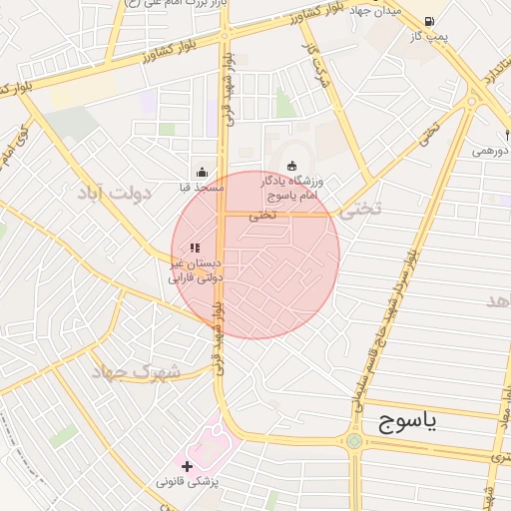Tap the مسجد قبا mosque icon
click(x=203, y=172)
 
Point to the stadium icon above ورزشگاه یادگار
click(x=291, y=166)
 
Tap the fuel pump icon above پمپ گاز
click(x=429, y=21)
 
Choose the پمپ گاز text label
click(x=429, y=38)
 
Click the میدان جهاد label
click(x=378, y=9)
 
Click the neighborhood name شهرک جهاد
click(x=135, y=372)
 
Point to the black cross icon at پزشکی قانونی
click(x=187, y=465)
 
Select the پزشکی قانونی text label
click(x=193, y=481)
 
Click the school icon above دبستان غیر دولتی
click(x=196, y=248)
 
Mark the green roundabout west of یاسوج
click(x=353, y=441)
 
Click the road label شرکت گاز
click(x=317, y=61)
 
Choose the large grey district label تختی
click(x=360, y=210)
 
